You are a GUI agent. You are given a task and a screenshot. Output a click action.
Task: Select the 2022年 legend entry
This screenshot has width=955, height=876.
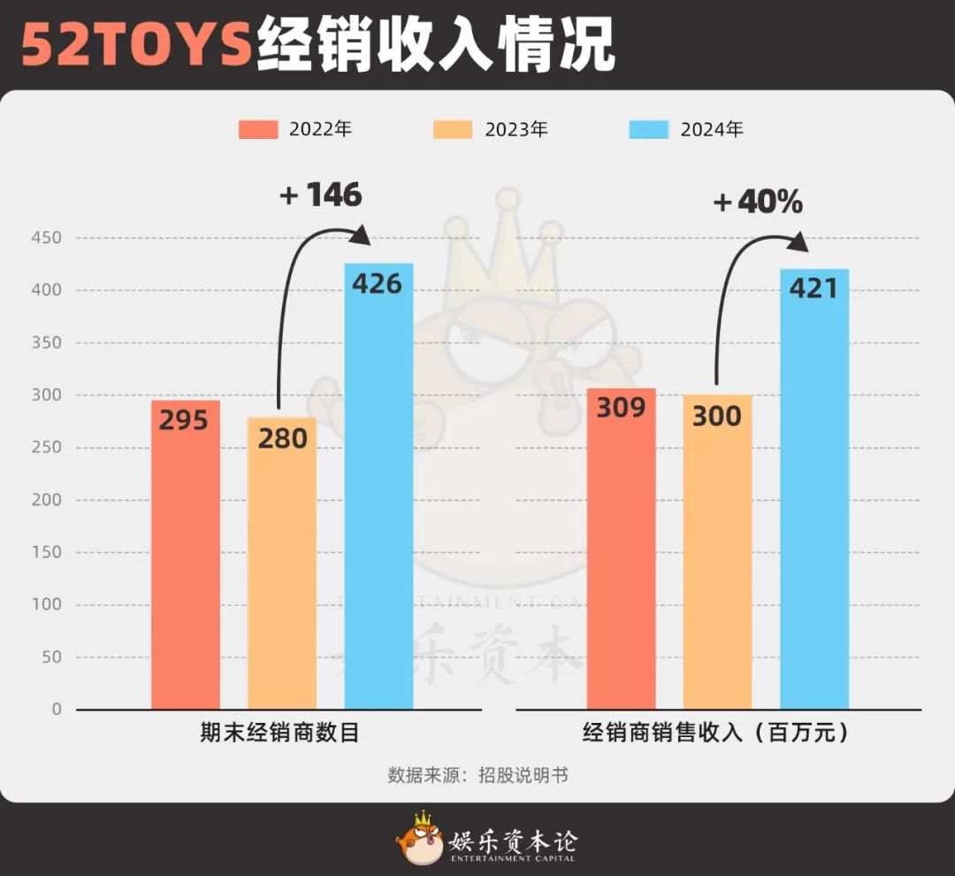pyautogui.click(x=295, y=129)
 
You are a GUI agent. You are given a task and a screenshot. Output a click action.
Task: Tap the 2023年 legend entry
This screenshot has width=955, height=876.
pyautogui.click(x=491, y=129)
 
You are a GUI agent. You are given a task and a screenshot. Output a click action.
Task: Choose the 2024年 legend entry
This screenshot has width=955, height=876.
pyautogui.click(x=686, y=129)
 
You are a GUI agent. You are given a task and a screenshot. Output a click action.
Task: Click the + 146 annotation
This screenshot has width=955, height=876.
pyautogui.click(x=321, y=196)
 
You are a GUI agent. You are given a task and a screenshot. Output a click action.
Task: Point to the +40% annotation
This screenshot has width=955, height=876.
pyautogui.click(x=758, y=203)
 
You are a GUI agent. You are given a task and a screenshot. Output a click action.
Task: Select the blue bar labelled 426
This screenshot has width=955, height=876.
pyautogui.click(x=378, y=487)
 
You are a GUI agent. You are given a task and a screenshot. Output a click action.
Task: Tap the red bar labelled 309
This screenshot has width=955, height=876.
pyautogui.click(x=623, y=549)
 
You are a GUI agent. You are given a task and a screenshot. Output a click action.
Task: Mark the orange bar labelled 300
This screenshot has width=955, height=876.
pyautogui.click(x=718, y=552)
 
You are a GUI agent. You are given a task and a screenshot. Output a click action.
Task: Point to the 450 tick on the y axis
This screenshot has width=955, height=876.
pyautogui.click(x=46, y=238)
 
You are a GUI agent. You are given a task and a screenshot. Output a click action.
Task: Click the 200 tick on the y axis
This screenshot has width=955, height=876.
pyautogui.click(x=46, y=500)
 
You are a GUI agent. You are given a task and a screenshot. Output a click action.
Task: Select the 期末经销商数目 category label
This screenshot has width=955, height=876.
pyautogui.click(x=280, y=734)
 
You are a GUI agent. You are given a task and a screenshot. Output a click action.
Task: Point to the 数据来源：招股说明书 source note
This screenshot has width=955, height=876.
pyautogui.click(x=477, y=775)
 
